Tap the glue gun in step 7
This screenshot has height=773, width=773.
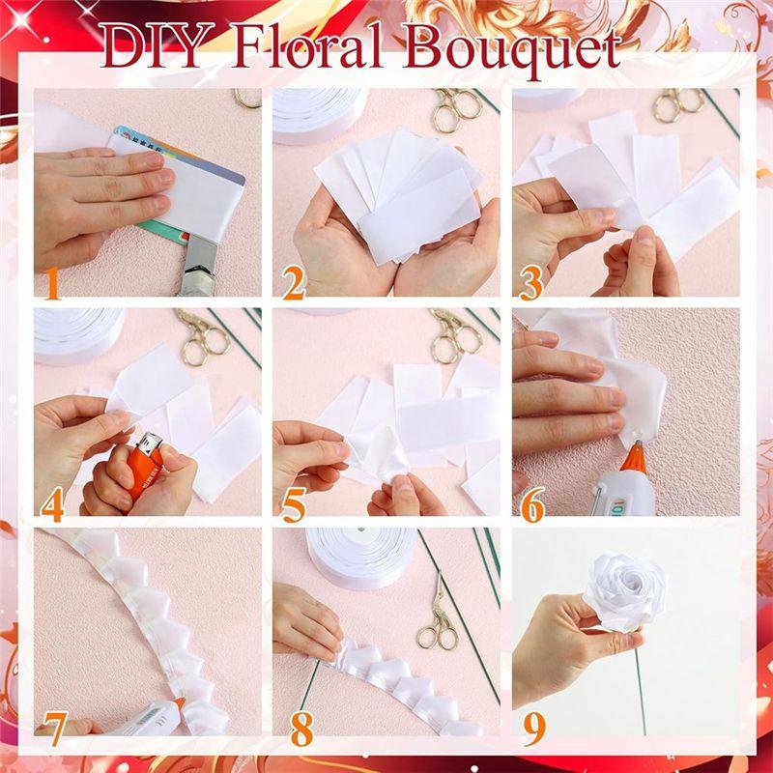(x=145, y=720)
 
